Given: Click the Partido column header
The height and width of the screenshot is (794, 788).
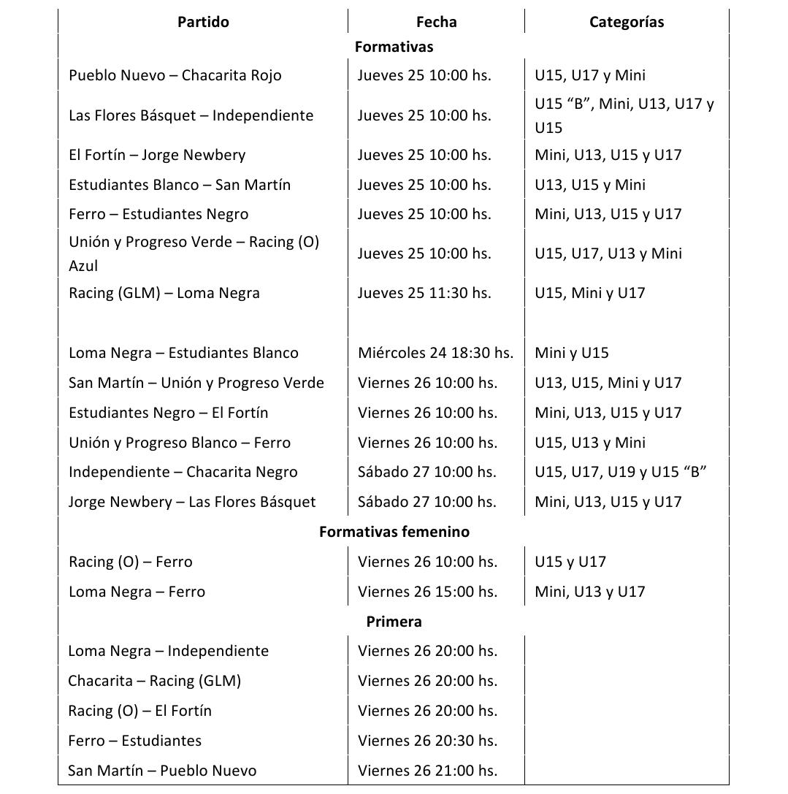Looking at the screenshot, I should point(203,22).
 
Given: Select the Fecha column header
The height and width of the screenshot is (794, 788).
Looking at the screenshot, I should point(436,22).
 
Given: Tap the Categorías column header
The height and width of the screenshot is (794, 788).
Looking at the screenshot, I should point(627,22).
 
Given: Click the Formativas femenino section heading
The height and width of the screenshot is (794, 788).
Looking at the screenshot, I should point(394,532).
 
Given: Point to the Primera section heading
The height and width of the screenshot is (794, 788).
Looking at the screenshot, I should point(394,622).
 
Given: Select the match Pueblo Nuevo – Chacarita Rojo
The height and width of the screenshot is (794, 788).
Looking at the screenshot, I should point(175,75).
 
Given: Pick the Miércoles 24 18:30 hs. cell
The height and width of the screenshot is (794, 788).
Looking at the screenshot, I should point(435,353).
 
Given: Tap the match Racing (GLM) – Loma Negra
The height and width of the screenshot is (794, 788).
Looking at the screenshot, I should point(164,293).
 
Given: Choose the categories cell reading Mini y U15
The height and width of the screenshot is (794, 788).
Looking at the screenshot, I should point(571,353).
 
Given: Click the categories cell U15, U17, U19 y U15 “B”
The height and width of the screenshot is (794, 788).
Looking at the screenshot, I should point(620,472).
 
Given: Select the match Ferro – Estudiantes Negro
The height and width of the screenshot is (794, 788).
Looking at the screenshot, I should point(158,214).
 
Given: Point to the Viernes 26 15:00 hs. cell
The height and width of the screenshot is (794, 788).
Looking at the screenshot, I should point(427,592).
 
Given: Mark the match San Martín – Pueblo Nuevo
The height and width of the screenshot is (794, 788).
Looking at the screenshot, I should point(162,771).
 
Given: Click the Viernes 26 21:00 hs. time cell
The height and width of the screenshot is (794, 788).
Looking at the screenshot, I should point(427,771).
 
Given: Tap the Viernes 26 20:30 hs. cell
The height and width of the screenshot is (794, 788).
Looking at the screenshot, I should point(427,741).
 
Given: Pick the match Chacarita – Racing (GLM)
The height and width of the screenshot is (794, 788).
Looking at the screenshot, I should point(154,681).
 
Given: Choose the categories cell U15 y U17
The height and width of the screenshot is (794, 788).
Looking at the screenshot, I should point(570,562).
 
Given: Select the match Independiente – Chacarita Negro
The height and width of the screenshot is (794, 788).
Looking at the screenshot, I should point(183,472).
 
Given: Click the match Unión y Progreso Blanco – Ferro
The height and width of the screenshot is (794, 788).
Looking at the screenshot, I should point(180,443).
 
